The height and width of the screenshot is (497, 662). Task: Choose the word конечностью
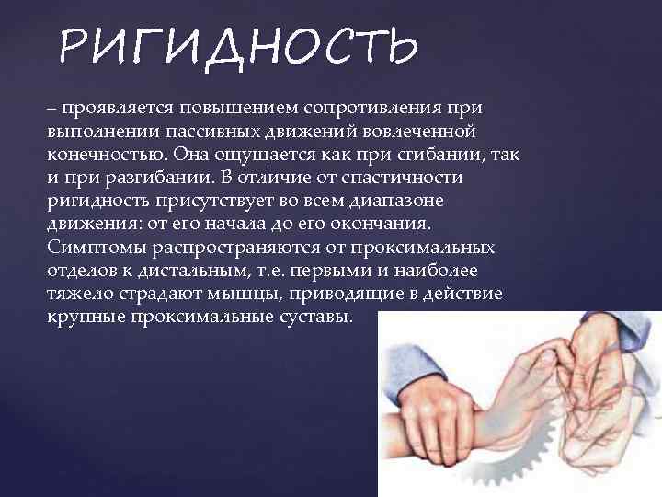tap(108, 155)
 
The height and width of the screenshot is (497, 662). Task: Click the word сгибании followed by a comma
tap(439, 155)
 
